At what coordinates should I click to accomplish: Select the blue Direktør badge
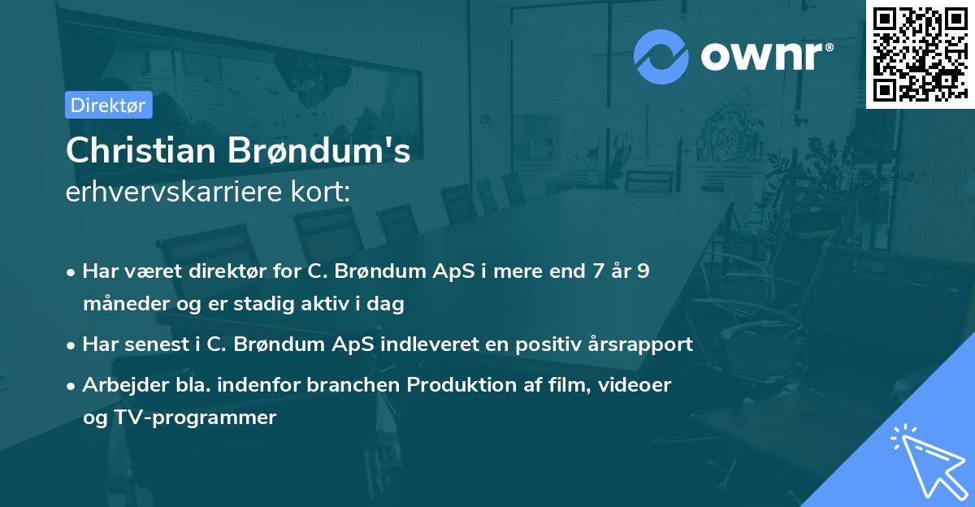tap(108, 105)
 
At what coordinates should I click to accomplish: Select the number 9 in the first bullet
tap(643, 271)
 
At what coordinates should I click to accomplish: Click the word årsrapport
tap(643, 344)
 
